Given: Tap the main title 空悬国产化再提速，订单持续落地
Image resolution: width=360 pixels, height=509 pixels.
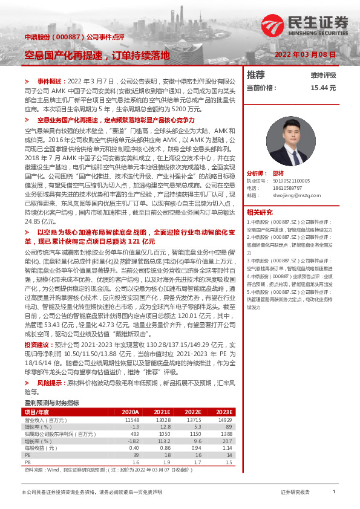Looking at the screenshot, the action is coord(97,55).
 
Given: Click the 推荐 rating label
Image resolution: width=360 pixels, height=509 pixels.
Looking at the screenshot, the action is coord(256,76).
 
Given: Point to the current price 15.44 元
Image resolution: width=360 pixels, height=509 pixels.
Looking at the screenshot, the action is coord(323,88).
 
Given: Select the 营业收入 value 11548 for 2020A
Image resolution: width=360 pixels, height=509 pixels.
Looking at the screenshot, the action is coord(132,420).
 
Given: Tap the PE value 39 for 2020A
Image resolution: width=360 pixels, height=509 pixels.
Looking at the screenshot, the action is coord(136,455).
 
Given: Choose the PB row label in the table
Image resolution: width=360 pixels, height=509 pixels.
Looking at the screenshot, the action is coord(27,462).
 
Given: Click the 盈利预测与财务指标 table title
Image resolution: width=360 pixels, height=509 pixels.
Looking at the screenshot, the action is coord(51,403).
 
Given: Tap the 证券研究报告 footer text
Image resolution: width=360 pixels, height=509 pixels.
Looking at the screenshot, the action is coord(295,493).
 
